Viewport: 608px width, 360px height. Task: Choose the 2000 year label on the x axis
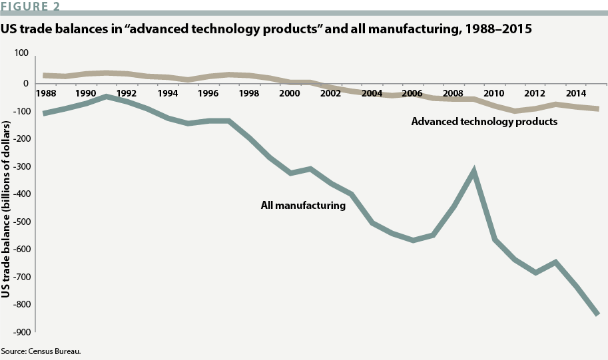289,94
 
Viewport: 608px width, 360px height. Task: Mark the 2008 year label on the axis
452,94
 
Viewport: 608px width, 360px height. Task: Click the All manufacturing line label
303,206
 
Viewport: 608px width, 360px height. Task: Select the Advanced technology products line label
484,122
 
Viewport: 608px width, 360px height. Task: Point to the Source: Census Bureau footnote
41,351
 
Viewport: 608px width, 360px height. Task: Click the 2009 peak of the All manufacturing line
474,171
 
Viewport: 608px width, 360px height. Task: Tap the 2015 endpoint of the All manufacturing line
597,314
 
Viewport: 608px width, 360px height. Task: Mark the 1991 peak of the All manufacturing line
107,97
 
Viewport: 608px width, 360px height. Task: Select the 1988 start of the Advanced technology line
45,76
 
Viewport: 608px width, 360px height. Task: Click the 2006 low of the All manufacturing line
413,240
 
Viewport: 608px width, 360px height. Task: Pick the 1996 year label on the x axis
208,94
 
